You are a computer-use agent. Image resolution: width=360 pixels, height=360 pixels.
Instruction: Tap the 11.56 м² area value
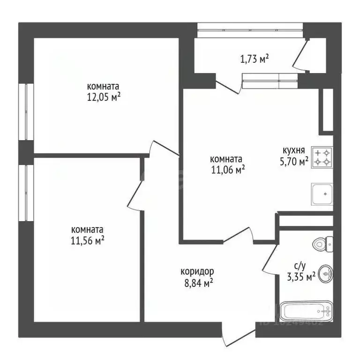pyautogui.click(x=88, y=240)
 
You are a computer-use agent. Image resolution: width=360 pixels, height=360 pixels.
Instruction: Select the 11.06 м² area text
pyautogui.click(x=229, y=169)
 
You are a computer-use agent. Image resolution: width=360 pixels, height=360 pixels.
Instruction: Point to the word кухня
pyautogui.click(x=294, y=150)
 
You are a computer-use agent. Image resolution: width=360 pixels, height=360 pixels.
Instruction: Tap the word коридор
pyautogui.click(x=197, y=271)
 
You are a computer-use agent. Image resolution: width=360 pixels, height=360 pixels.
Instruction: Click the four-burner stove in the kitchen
pyautogui.click(x=322, y=157)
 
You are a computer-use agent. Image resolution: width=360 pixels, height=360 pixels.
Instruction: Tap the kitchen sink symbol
pyautogui.click(x=322, y=194)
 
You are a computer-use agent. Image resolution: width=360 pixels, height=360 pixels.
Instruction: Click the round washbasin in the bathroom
pyautogui.click(x=325, y=274)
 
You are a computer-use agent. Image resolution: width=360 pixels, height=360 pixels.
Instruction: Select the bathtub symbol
pyautogui.click(x=306, y=312)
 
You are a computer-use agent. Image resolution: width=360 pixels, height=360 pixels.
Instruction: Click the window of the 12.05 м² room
pyautogui.click(x=26, y=112)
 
